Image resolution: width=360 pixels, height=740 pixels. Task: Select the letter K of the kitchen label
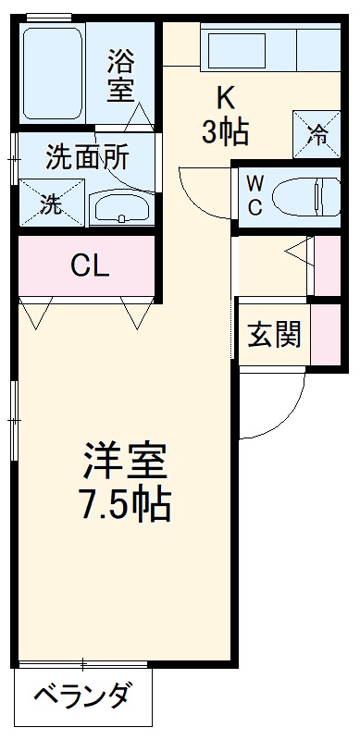tap(225, 95)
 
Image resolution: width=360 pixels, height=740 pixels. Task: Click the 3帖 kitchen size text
tap(225, 131)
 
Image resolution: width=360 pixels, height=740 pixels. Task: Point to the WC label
tap(254, 194)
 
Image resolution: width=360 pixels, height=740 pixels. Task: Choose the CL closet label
tap(90, 266)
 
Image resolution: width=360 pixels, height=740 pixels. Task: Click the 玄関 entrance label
tap(273, 335)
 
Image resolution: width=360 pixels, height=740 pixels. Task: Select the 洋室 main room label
tap(125, 459)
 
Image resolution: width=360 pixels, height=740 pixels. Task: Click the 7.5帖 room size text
tap(125, 504)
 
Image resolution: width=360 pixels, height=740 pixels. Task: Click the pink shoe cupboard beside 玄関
tap(324, 333)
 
